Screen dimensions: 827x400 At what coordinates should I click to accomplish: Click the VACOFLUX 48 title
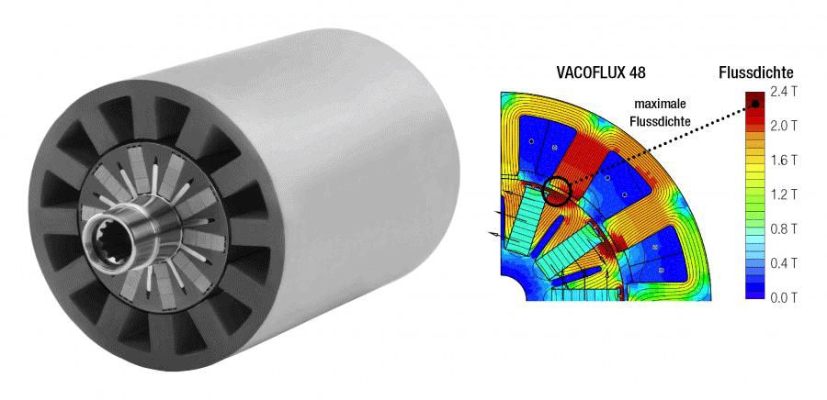tap(601, 72)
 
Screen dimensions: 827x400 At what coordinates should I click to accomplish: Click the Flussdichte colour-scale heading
tap(756, 72)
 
